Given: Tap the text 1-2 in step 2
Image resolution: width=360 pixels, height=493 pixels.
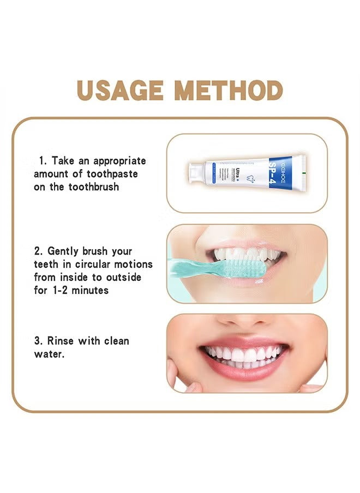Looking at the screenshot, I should [x=60, y=291].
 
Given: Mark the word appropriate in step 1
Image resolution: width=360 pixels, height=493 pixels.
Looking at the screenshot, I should [x=119, y=161].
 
